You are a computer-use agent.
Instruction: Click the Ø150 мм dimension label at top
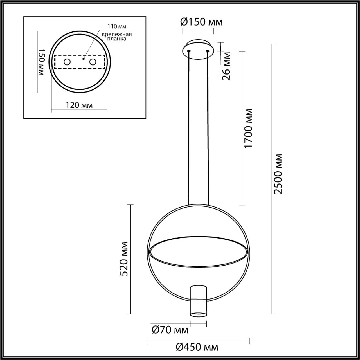pos(201,22)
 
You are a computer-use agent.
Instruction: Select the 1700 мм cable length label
pos(249,129)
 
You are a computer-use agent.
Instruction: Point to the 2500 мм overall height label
pos(279,174)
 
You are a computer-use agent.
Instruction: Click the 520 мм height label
pos(124,259)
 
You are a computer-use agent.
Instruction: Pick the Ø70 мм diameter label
pos(170,330)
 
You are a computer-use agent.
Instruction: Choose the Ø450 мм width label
pos(197,347)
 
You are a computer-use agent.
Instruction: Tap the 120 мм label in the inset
pos(79,105)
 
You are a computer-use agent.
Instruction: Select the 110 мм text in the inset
pos(117,26)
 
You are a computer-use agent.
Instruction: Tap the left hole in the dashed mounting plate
pos(67,62)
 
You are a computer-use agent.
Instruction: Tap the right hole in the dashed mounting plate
pos(93,62)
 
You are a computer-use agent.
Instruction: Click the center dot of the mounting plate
pos(84,59)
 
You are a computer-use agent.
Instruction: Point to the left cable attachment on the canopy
pos(189,51)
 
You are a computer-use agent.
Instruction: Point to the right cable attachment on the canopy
pos(208,51)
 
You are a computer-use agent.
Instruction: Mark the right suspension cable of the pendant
pos(208,127)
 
